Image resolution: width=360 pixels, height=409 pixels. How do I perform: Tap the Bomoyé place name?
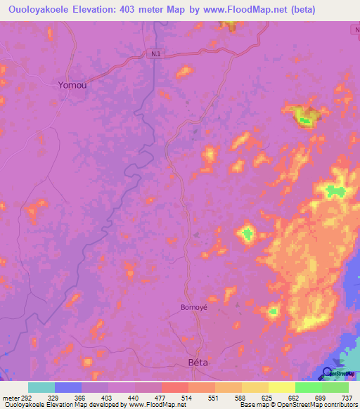click(x=194, y=308)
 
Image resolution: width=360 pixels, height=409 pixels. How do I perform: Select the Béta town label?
click(x=200, y=363)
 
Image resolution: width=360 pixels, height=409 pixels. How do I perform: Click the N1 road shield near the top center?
click(x=155, y=53)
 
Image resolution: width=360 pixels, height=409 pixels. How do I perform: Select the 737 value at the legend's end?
click(x=347, y=397)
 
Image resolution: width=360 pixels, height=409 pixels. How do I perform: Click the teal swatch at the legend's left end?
click(x=41, y=387)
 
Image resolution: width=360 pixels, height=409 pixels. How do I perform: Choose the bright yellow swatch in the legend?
click(x=281, y=387)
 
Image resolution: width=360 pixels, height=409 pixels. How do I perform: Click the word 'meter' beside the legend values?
click(x=11, y=397)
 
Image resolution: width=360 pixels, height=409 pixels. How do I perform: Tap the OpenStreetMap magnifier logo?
click(x=328, y=372)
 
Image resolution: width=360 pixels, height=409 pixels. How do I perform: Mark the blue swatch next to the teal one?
click(x=67, y=387)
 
